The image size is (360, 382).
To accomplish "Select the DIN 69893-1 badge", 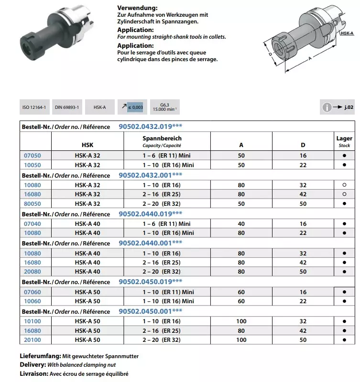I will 67,108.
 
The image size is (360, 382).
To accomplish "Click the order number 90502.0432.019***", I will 151,127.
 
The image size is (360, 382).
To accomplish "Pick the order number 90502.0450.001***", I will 151,311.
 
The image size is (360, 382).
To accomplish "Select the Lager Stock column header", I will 344,141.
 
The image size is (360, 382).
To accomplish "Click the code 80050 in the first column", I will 33,203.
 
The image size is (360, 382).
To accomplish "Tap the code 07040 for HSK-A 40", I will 33,223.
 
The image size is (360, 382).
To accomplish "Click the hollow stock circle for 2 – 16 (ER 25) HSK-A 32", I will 344,194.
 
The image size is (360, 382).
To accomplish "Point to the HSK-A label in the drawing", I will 347,33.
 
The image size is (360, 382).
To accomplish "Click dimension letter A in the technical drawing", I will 310,58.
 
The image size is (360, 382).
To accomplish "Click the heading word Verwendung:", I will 137,9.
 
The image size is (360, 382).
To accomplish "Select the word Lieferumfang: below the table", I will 40,357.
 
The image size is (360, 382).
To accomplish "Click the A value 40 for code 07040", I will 241,223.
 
